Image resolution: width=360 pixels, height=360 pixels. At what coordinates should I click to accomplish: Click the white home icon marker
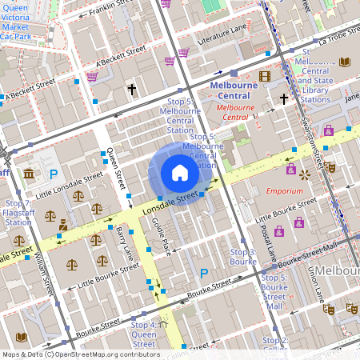(180, 172)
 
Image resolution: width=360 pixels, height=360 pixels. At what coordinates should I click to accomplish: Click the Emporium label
(283, 191)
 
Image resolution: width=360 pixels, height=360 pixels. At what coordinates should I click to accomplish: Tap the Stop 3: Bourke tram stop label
(243, 257)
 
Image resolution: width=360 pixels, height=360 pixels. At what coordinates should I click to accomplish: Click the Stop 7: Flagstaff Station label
(18, 213)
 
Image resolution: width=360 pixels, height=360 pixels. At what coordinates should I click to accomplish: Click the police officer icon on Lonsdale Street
(62, 226)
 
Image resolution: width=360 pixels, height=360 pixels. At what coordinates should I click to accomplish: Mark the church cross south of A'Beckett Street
(131, 90)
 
